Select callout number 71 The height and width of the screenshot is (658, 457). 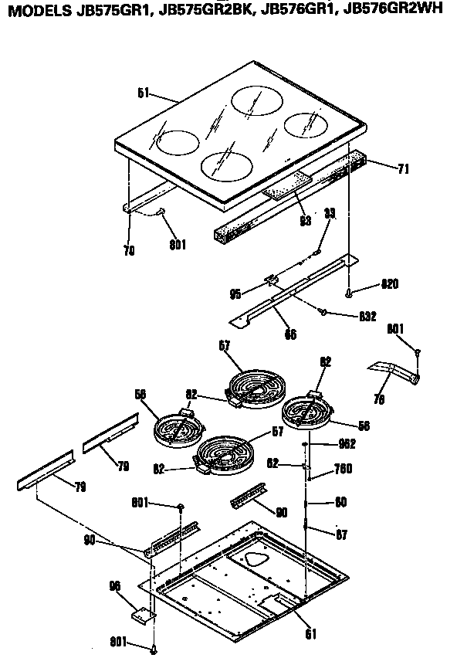pos(403,169)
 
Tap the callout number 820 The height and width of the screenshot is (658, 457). pos(390,284)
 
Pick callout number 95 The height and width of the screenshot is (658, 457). pos(235,293)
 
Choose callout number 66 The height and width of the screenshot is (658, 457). pos(290,334)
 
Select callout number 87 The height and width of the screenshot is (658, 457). pos(340,534)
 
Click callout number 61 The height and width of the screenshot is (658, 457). pos(310,634)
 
